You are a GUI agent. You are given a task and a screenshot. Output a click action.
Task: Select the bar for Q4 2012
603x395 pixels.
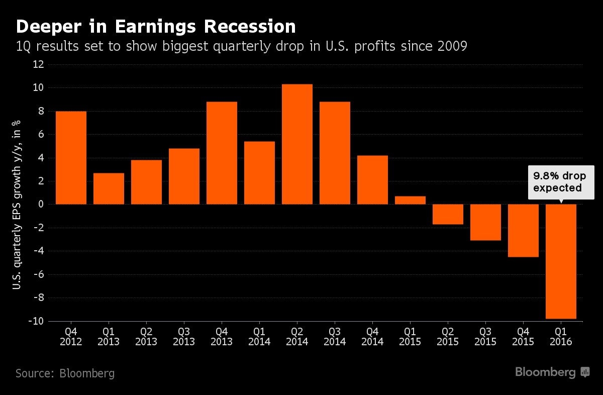pos(71,158)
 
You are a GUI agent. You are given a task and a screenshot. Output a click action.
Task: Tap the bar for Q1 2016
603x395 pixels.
pos(561,261)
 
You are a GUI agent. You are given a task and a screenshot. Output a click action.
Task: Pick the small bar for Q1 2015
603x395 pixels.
pos(410,200)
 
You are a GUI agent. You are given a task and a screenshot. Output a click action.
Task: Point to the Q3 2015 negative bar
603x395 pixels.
pos(485,222)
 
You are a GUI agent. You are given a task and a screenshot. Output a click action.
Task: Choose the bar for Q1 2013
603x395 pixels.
pos(109,188)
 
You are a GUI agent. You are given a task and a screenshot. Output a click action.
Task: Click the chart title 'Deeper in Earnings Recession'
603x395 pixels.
pos(155,26)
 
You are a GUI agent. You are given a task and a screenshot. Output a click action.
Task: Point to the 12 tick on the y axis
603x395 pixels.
pos(39,64)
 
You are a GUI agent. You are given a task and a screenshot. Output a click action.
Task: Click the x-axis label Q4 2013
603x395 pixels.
pos(222,337)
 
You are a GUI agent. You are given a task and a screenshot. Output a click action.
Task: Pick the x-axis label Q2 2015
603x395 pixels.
pos(448,337)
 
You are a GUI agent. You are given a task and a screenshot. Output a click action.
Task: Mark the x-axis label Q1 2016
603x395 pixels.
pos(561,337)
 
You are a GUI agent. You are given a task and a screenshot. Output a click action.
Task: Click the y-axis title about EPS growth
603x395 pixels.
pos(17,193)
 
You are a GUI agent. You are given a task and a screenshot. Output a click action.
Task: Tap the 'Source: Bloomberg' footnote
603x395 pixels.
pos(65,373)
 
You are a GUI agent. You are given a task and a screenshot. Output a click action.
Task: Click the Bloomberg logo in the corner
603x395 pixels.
pos(552,372)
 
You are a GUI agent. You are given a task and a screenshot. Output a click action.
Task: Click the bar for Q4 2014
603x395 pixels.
pos(372,180)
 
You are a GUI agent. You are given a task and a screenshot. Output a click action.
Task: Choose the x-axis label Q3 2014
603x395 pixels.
pos(335,337)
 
